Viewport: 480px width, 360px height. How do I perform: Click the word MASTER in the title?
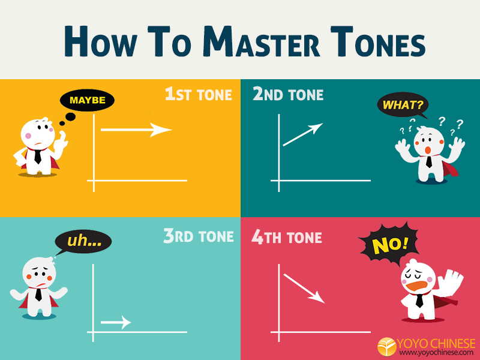262,42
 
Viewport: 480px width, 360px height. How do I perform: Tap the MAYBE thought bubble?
87,100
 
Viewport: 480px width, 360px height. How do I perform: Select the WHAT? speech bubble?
403,105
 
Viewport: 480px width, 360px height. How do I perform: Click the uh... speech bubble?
83,242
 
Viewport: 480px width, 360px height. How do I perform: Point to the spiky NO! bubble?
389,244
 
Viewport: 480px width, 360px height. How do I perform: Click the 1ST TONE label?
199,94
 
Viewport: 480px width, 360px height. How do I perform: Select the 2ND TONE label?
288,94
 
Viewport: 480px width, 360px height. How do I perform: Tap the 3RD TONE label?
199,236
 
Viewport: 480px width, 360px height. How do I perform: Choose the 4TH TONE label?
287,237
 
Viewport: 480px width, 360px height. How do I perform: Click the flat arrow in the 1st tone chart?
136,130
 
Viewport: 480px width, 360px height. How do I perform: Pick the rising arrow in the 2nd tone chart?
303,134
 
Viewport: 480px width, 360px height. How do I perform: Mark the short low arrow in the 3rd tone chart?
116,322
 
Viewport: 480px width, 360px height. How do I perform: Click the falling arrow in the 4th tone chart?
304,289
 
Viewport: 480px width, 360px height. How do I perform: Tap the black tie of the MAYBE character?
38,157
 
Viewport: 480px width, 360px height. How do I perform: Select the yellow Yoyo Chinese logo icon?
386,347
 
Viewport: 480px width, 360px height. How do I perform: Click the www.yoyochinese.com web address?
436,353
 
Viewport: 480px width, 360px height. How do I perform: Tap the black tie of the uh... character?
38,294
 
